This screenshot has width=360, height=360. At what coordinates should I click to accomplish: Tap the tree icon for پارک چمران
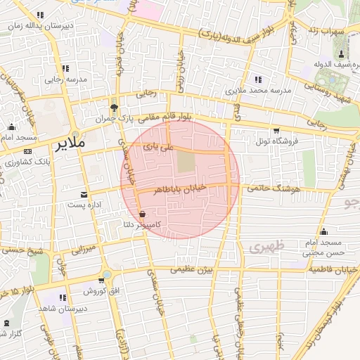tap(114, 106)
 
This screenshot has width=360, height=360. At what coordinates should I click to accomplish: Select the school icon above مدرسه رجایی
tap(65, 69)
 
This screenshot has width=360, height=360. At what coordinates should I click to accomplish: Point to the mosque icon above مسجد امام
tap(12, 127)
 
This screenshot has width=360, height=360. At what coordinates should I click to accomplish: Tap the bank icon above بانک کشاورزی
tap(27, 152)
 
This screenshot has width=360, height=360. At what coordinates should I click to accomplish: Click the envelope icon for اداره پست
tap(84, 194)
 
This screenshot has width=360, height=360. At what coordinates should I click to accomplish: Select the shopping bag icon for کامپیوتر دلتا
tap(143, 214)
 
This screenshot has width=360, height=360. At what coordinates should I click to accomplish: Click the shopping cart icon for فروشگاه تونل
tap(276, 130)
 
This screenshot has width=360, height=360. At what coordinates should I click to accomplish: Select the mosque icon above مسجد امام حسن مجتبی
tap(323, 231)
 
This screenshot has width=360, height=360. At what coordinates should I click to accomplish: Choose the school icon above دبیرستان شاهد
tap(63, 297)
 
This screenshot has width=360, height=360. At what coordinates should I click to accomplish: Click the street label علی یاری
tap(157, 148)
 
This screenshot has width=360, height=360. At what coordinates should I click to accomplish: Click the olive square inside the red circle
tap(185, 162)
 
